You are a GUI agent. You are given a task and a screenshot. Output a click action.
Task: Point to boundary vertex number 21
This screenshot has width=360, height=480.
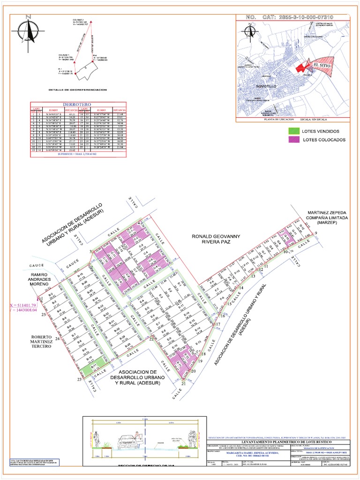tap(183, 383)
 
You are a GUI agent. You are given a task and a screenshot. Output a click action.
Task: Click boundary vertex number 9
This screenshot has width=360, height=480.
tap(316, 233)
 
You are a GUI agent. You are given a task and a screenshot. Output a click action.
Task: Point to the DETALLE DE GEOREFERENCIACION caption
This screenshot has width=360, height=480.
tap(77, 90)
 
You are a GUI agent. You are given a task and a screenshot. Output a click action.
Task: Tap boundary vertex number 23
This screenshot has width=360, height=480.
tap(79, 380)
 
